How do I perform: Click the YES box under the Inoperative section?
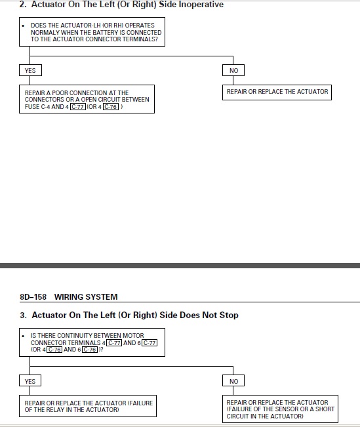point(30,70)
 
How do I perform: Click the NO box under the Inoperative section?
point(233,70)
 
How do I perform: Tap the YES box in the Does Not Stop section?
point(30,380)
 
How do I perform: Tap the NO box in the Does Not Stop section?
point(233,380)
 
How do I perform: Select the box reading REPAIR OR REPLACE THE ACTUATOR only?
point(277,92)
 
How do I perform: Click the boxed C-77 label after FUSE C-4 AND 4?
point(78,107)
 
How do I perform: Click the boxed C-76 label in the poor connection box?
point(111,107)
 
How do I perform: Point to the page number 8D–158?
point(33,296)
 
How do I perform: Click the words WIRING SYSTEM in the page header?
point(86,296)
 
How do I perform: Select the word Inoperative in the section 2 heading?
point(201,5)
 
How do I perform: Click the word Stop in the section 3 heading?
point(229,315)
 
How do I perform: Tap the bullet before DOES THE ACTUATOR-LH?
point(23,26)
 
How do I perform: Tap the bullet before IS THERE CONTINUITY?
point(23,336)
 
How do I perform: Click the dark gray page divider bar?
point(180,266)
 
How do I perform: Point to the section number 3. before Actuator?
point(23,315)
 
